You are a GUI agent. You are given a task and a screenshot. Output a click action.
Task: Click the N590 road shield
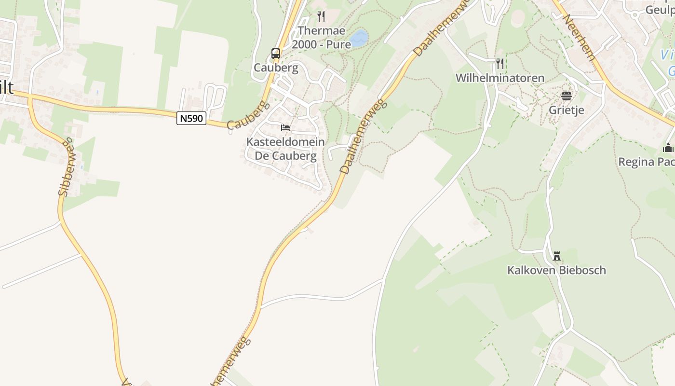coord(191,118)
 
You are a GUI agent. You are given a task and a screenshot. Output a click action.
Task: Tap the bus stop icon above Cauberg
coord(276,53)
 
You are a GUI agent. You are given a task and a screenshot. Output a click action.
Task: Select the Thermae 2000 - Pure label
coord(322,37)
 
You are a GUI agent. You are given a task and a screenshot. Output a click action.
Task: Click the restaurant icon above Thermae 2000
coord(321,16)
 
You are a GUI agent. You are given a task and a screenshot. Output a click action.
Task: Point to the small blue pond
coord(359,38)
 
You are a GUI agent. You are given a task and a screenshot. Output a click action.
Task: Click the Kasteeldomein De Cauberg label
coord(285,149)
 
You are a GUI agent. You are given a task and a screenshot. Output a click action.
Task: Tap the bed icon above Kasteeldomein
coord(285,128)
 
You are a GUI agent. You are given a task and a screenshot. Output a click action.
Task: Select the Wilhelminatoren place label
coord(500,78)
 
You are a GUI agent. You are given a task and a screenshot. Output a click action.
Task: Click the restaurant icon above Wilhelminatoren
coord(500,63)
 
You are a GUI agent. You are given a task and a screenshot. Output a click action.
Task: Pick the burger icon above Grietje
coord(566,96)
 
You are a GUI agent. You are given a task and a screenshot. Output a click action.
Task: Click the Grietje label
coord(567,110)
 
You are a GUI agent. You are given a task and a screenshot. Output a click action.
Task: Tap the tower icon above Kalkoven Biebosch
coord(557,256)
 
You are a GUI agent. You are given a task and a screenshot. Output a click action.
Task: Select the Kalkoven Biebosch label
coord(556,270)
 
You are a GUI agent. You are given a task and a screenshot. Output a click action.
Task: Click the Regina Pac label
coord(647,162)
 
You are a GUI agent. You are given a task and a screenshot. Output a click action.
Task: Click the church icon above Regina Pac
coord(668,148)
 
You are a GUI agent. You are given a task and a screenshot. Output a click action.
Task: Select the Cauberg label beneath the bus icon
coord(276,68)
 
